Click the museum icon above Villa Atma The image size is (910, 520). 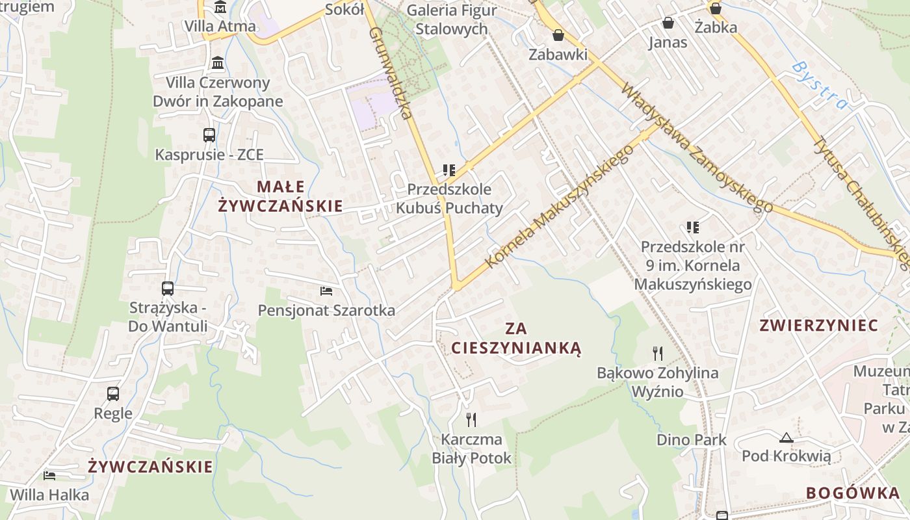(220, 8)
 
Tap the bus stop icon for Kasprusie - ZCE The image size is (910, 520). (209, 135)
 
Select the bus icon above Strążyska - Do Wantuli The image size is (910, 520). (167, 288)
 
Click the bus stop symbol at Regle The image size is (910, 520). (113, 393)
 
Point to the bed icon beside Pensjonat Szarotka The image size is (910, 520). (326, 291)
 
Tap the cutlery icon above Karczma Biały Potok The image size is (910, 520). (471, 419)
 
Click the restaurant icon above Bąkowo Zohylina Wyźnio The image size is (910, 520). (658, 353)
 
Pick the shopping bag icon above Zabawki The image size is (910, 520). (558, 35)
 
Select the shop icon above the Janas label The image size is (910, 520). (668, 23)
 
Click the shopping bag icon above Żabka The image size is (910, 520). (716, 8)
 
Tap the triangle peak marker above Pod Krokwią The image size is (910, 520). (786, 437)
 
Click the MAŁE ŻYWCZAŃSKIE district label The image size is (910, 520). (280, 196)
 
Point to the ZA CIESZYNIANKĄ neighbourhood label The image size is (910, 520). (516, 338)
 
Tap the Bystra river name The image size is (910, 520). (820, 85)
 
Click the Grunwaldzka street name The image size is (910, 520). (391, 72)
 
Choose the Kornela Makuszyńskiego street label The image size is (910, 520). (559, 205)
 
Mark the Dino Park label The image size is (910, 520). (691, 439)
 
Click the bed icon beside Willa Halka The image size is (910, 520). (49, 475)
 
